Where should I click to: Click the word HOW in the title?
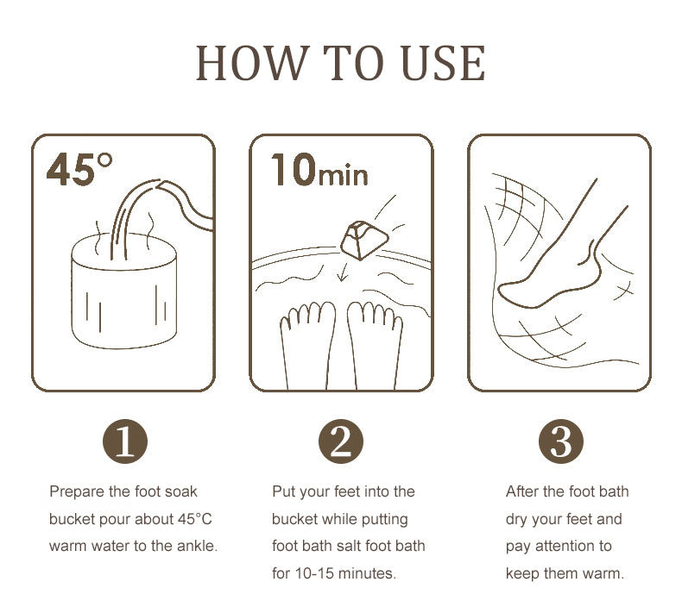tap(253, 64)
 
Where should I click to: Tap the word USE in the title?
tap(443, 64)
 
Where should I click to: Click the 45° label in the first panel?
tap(79, 169)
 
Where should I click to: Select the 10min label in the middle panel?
tap(319, 170)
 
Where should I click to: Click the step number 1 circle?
tap(125, 441)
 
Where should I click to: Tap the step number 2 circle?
tap(340, 441)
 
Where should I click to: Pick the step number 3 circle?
tap(561, 441)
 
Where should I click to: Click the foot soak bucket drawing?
tap(124, 291)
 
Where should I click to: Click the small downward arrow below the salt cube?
tap(344, 272)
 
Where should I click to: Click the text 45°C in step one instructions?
tap(195, 519)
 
